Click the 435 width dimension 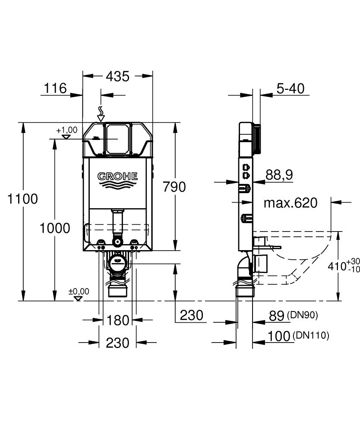(x=117, y=76)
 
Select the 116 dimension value (x=55, y=89)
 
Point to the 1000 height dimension (x=55, y=228)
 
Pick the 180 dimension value (x=117, y=320)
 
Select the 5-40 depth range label (x=290, y=89)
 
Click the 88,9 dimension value (x=279, y=175)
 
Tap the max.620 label (x=290, y=202)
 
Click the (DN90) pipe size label (x=302, y=315)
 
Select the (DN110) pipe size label (x=310, y=335)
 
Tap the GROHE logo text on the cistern (x=117, y=176)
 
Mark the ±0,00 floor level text (x=79, y=292)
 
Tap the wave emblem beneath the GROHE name (x=117, y=185)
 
